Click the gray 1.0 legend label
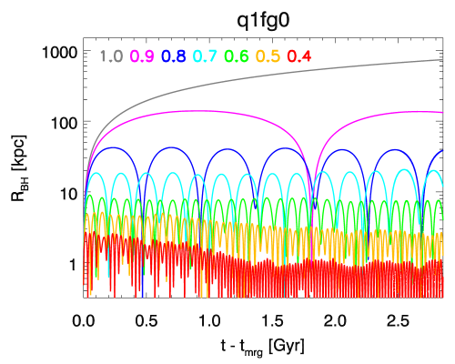(x=111, y=56)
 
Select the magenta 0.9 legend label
(x=142, y=56)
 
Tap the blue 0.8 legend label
(x=174, y=56)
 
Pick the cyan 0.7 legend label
(x=205, y=56)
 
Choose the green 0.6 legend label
(x=237, y=56)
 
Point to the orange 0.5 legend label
(x=268, y=56)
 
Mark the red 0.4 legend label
(x=299, y=56)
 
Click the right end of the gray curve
(x=443, y=60)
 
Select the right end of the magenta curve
(x=443, y=112)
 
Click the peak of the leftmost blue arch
(x=113, y=147)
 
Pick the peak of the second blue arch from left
(x=169, y=146)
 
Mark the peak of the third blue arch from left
(x=226, y=146)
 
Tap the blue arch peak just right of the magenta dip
(x=339, y=146)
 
